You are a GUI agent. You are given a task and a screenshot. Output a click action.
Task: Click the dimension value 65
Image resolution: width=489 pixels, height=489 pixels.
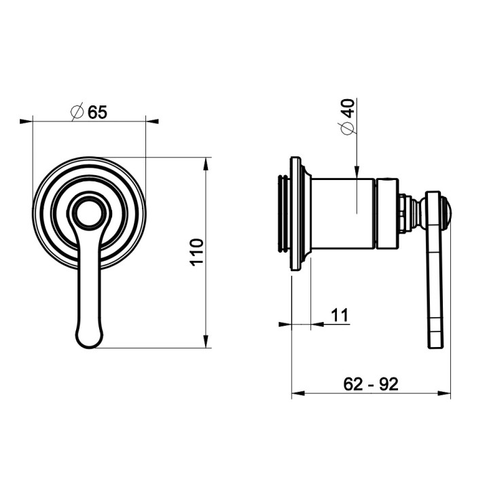point(97,112)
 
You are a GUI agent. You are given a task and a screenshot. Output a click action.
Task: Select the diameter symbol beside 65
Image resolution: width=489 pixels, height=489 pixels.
point(77,111)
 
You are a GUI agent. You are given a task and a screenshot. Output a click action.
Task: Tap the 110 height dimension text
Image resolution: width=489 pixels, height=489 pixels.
point(197,252)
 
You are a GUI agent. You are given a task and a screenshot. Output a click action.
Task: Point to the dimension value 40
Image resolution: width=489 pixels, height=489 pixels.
point(348,108)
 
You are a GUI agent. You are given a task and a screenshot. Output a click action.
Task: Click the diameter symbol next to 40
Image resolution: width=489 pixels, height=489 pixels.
point(347,128)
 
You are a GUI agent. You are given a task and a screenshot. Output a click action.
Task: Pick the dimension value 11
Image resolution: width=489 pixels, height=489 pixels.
point(340,315)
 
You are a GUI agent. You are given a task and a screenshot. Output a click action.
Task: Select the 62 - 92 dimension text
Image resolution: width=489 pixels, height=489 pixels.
point(371,384)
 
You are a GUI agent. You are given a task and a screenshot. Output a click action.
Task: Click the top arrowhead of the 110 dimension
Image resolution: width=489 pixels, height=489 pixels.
point(206,164)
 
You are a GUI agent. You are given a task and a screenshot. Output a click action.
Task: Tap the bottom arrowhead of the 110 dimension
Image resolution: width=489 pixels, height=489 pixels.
point(206,341)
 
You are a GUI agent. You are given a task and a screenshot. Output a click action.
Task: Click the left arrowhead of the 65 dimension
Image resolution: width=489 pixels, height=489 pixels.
point(26,122)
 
